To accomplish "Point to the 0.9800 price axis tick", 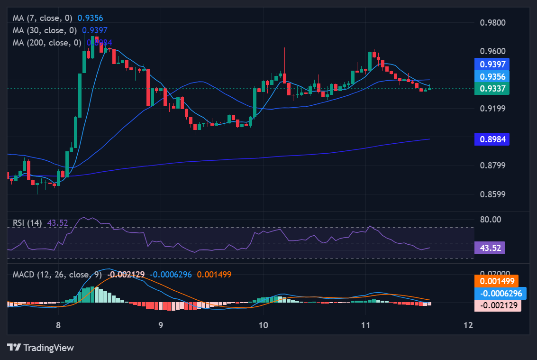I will pos(492,23).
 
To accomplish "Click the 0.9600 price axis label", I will pos(492,51).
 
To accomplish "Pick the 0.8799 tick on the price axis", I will pos(492,166).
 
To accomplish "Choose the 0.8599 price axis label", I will pos(492,194).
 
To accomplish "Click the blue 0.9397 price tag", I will pos(491,64).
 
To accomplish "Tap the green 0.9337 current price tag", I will pos(491,88).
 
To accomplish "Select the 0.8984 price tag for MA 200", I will pos(491,139).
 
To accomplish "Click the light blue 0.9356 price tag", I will pos(491,76).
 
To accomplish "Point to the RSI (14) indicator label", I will pos(27,222).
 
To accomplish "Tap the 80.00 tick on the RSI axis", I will pos(491,220).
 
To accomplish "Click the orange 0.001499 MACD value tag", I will pos(496,281).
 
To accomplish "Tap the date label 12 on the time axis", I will pos(468,325).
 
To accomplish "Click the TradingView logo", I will pos(41,348).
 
